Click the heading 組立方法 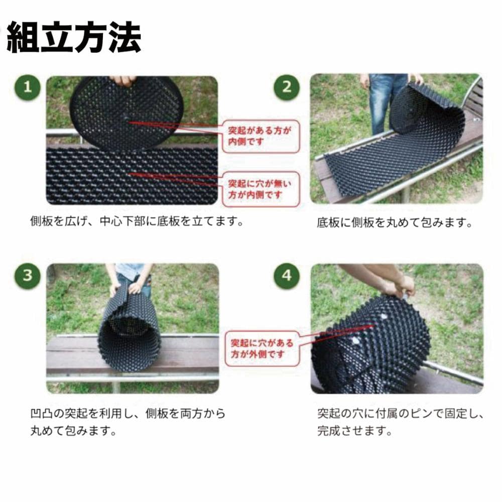(74, 37)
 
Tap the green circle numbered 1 (28, 87)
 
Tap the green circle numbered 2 (287, 87)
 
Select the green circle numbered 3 (28, 276)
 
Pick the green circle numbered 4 (287, 276)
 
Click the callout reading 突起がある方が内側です (261, 137)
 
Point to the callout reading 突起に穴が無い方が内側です (261, 189)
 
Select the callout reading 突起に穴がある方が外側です (262, 349)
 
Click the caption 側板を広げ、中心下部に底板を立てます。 (137, 221)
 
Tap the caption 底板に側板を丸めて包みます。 (395, 222)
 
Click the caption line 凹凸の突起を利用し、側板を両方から (128, 414)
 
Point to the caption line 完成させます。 (355, 431)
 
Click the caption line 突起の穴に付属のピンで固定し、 (401, 414)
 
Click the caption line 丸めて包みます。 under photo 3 (73, 431)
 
